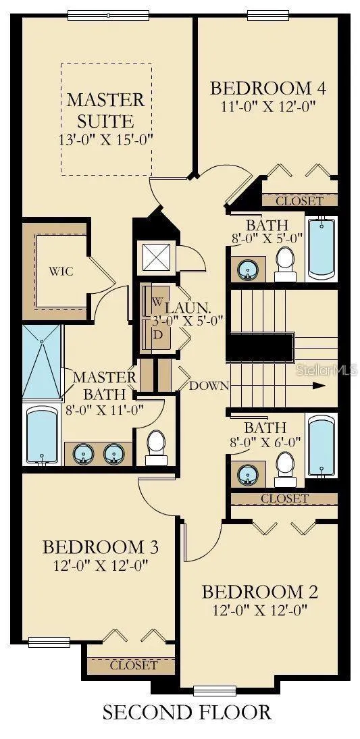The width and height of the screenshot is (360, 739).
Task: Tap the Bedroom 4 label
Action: click(268, 88)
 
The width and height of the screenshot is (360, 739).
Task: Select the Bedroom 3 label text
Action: click(100, 547)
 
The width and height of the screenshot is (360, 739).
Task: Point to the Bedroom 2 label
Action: click(260, 592)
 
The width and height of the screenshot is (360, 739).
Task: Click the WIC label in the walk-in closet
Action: click(61, 272)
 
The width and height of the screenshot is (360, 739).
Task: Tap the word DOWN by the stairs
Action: click(209, 386)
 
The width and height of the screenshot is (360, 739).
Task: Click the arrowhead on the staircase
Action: click(319, 386)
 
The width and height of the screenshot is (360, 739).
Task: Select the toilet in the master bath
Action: click(155, 447)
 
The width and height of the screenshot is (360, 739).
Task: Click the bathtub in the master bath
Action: click(42, 434)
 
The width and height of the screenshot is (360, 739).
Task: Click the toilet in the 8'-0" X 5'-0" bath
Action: click(285, 264)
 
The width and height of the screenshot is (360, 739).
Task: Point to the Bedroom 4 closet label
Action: click(300, 201)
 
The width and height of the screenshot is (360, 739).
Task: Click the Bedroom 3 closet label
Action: click(133, 665)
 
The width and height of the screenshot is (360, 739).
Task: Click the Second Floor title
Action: click(186, 712)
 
